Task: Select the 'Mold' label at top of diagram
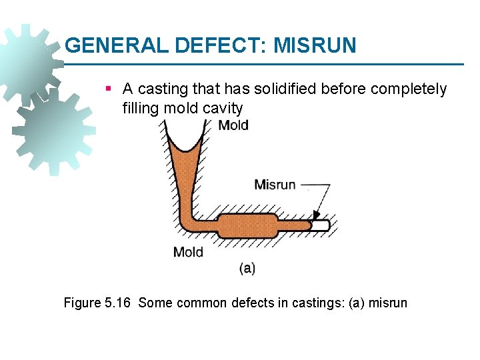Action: (233, 125)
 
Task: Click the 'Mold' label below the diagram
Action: (188, 252)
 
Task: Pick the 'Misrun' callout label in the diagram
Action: (275, 184)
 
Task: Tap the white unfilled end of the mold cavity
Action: (321, 225)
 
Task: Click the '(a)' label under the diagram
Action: (247, 269)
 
